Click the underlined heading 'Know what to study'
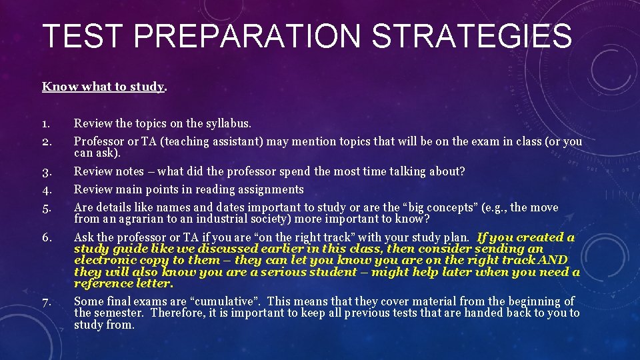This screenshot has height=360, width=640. click(103, 87)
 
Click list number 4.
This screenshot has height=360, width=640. click(46, 190)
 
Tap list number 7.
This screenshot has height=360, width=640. click(46, 302)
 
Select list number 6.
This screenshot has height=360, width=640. click(46, 238)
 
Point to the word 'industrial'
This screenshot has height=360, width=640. click(208, 219)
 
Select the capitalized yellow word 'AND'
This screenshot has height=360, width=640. click(553, 260)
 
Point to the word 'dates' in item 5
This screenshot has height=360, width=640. click(215, 207)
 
